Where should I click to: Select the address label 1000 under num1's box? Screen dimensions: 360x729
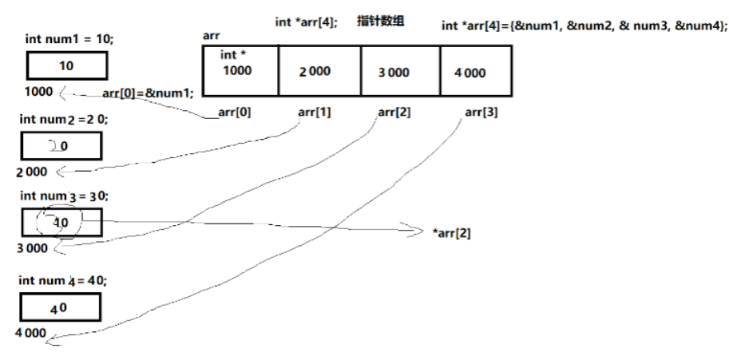[38, 91]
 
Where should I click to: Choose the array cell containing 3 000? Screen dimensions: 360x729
[400, 71]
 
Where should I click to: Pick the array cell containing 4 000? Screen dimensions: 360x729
[474, 71]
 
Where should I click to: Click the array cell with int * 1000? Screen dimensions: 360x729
[238, 71]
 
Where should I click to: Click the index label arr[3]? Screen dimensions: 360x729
[481, 113]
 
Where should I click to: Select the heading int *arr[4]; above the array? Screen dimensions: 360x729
[306, 22]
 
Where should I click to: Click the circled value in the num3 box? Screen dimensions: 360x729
[61, 223]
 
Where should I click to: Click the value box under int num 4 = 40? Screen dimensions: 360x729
[61, 307]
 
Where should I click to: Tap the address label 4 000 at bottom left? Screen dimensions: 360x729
[31, 332]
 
